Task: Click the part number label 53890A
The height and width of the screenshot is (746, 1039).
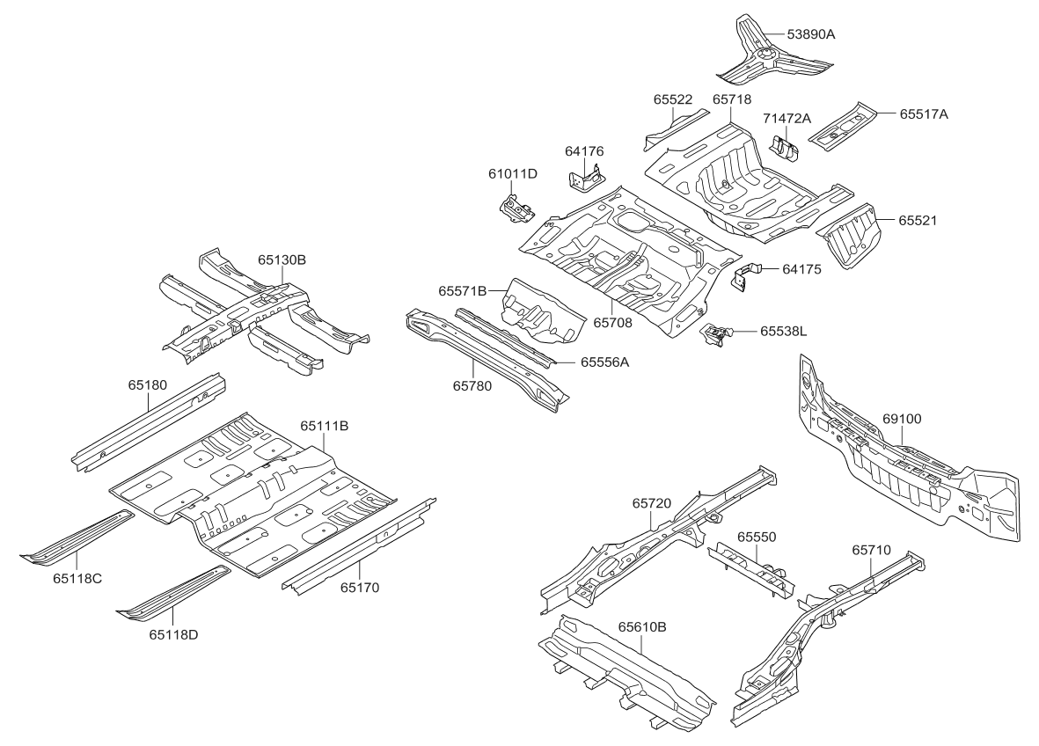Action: pyautogui.click(x=810, y=34)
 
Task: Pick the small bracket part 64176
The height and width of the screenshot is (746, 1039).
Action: pyautogui.click(x=583, y=179)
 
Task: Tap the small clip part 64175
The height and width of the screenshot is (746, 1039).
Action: pyautogui.click(x=744, y=274)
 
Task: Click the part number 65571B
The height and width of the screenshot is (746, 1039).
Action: pyautogui.click(x=463, y=290)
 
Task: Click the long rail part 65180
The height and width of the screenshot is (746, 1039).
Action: pyautogui.click(x=150, y=422)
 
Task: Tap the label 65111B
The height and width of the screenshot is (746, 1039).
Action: pyautogui.click(x=325, y=426)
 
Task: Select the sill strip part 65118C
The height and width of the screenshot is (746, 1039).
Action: pyautogui.click(x=75, y=537)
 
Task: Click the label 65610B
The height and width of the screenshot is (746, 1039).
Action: pyautogui.click(x=641, y=627)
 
